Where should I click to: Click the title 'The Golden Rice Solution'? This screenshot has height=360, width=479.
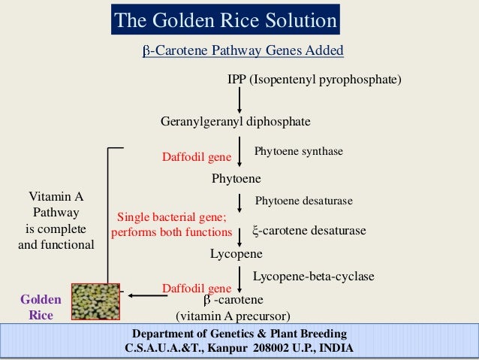click(x=225, y=20)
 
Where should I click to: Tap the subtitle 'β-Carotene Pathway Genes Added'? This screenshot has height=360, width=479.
click(x=243, y=51)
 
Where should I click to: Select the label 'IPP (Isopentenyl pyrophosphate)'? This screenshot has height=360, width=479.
click(x=315, y=79)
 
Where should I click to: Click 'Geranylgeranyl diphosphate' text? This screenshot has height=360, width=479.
click(x=236, y=122)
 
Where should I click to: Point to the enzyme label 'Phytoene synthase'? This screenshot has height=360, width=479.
click(x=299, y=152)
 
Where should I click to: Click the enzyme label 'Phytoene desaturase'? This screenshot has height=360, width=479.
click(x=304, y=201)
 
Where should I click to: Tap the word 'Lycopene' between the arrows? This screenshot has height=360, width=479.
click(x=236, y=255)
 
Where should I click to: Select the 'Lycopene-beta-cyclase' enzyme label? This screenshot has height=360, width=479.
click(x=313, y=277)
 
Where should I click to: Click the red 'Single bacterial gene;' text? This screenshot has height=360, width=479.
click(x=164, y=218)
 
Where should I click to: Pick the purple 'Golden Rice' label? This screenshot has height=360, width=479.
click(x=41, y=307)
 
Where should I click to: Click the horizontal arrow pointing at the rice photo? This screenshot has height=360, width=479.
click(x=148, y=296)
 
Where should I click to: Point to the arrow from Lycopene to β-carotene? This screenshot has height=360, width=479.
click(x=239, y=280)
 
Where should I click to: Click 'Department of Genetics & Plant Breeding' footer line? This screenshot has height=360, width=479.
click(x=239, y=334)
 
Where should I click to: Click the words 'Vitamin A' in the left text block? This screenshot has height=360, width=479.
click(x=56, y=198)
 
